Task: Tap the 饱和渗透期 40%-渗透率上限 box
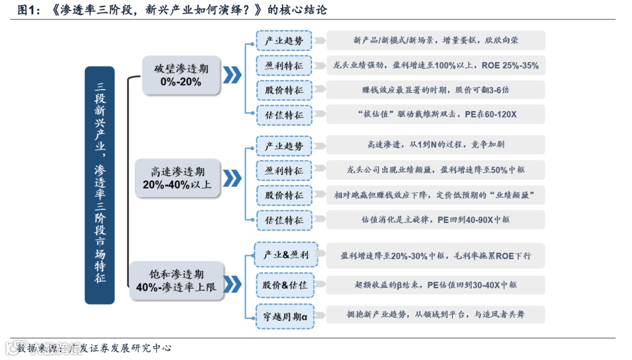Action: tap(176, 281)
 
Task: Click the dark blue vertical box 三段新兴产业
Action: tap(99, 185)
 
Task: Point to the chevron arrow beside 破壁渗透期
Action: tap(233, 75)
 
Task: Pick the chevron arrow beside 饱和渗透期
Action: tap(233, 284)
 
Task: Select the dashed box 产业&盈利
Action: tap(285, 255)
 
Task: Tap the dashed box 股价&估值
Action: tap(285, 285)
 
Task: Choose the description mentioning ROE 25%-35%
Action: tap(435, 66)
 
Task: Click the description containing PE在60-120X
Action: tap(435, 115)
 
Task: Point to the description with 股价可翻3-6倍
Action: tap(435, 90)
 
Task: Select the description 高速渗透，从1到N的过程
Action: tap(435, 145)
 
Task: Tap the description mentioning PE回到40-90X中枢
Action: tap(435, 220)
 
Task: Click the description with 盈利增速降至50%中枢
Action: tap(435, 170)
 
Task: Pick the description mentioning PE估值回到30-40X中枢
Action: tap(435, 285)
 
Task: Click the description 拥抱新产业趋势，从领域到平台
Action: tap(435, 315)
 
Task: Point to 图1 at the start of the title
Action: tap(29, 10)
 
